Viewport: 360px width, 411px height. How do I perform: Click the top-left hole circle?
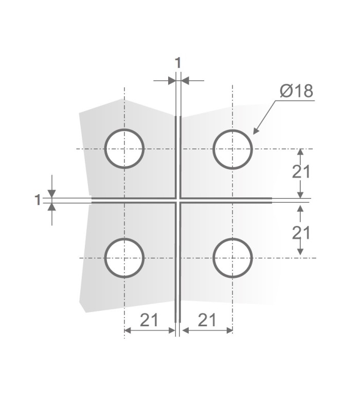tap(124, 148)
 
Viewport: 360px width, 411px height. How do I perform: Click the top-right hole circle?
tap(233, 148)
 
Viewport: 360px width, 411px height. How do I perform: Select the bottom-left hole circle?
tap(124, 257)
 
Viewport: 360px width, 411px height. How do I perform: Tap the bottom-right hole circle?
tap(233, 257)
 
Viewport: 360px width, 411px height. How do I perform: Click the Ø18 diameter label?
tap(296, 91)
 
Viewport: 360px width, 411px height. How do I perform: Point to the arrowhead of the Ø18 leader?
tap(254, 133)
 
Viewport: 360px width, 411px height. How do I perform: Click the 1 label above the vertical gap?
tap(178, 63)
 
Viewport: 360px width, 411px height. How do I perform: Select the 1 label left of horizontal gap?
tap(37, 200)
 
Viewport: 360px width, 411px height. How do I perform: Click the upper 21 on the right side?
tap(301, 172)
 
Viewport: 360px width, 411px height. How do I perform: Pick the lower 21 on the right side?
tap(301, 233)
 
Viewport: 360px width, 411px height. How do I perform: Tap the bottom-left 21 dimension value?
tap(149, 320)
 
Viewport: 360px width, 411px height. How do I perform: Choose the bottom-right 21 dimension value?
tap(206, 320)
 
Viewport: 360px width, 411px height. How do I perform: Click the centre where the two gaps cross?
tap(178, 200)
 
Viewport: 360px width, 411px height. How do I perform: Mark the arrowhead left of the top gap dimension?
tap(172, 80)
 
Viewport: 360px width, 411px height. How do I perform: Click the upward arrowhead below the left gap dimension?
tap(51, 207)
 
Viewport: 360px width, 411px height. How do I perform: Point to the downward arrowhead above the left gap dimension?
tap(51, 194)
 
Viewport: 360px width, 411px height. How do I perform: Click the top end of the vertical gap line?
tap(178, 117)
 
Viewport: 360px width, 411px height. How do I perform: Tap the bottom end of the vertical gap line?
tap(178, 320)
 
